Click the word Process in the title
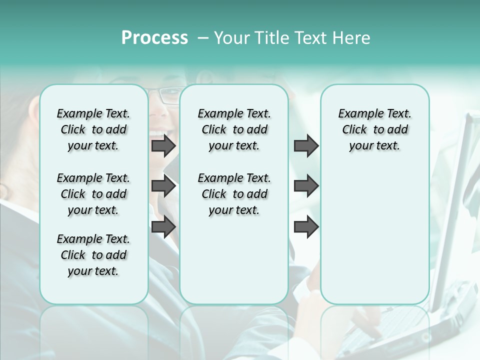[154, 38]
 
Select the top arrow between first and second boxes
[163, 146]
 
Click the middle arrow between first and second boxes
[163, 186]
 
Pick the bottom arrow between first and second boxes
[163, 226]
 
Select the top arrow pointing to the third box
[306, 146]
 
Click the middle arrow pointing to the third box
[306, 186]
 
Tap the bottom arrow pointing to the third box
[306, 226]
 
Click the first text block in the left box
[93, 129]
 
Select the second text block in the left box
[93, 194]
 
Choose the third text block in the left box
[93, 255]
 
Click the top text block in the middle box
[234, 129]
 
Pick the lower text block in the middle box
[234, 194]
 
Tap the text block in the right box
[375, 129]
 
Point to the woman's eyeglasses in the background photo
[165, 94]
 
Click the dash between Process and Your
[203, 38]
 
